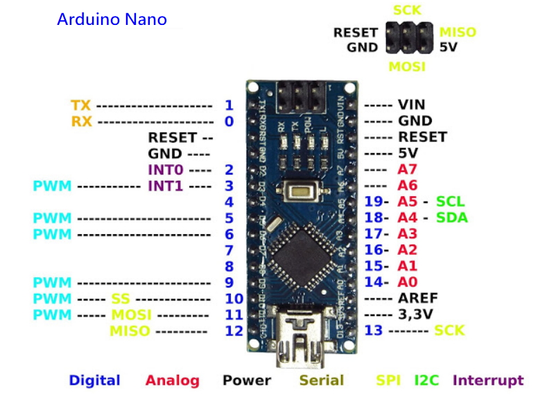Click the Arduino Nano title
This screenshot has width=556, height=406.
[x=112, y=19]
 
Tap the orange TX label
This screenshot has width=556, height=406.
[x=81, y=105]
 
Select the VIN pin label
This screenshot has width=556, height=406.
[x=411, y=105]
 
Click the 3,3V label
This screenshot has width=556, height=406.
[x=416, y=314]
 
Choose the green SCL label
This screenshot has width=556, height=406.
[x=451, y=202]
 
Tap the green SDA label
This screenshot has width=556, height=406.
[x=452, y=218]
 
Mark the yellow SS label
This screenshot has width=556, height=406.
[x=120, y=299]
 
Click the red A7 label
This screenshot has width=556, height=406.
[x=408, y=170]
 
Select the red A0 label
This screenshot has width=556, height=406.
[x=408, y=282]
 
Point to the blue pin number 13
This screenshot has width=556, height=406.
[x=374, y=330]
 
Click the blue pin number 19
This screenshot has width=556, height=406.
[x=374, y=202]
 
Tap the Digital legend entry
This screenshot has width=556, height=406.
[x=94, y=380]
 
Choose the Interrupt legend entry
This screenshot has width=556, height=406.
[x=488, y=380]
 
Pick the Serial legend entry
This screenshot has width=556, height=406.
[x=322, y=380]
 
